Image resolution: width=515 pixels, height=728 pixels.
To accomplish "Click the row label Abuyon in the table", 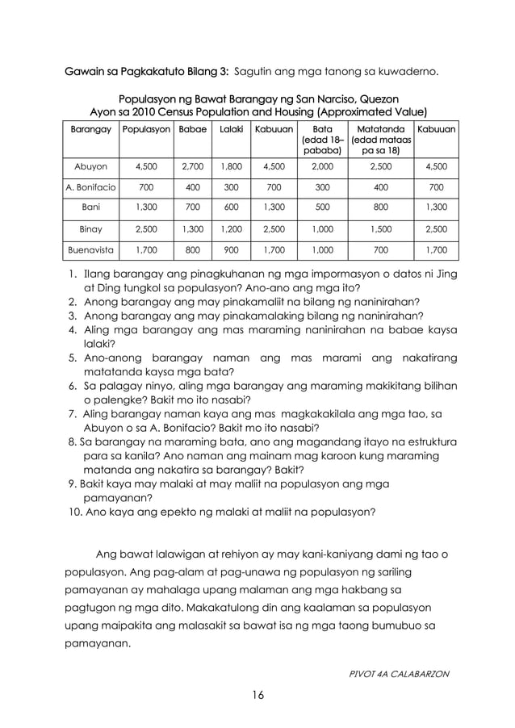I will [90, 168].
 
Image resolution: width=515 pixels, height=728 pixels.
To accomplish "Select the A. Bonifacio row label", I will [90, 188].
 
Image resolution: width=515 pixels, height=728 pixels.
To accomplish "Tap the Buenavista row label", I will [90, 250].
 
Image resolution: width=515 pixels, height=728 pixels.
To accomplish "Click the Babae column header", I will [191, 129].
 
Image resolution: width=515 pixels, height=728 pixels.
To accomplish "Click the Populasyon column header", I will [146, 129].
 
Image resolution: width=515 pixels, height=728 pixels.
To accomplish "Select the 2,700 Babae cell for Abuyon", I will [191, 168].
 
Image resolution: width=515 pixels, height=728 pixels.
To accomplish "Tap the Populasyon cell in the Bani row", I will [146, 208].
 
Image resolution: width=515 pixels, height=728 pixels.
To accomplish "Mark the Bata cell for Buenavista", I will [322, 250].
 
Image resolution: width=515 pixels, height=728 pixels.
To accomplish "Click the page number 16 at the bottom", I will [257, 695].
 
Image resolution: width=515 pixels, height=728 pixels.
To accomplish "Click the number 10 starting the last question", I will [75, 512].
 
